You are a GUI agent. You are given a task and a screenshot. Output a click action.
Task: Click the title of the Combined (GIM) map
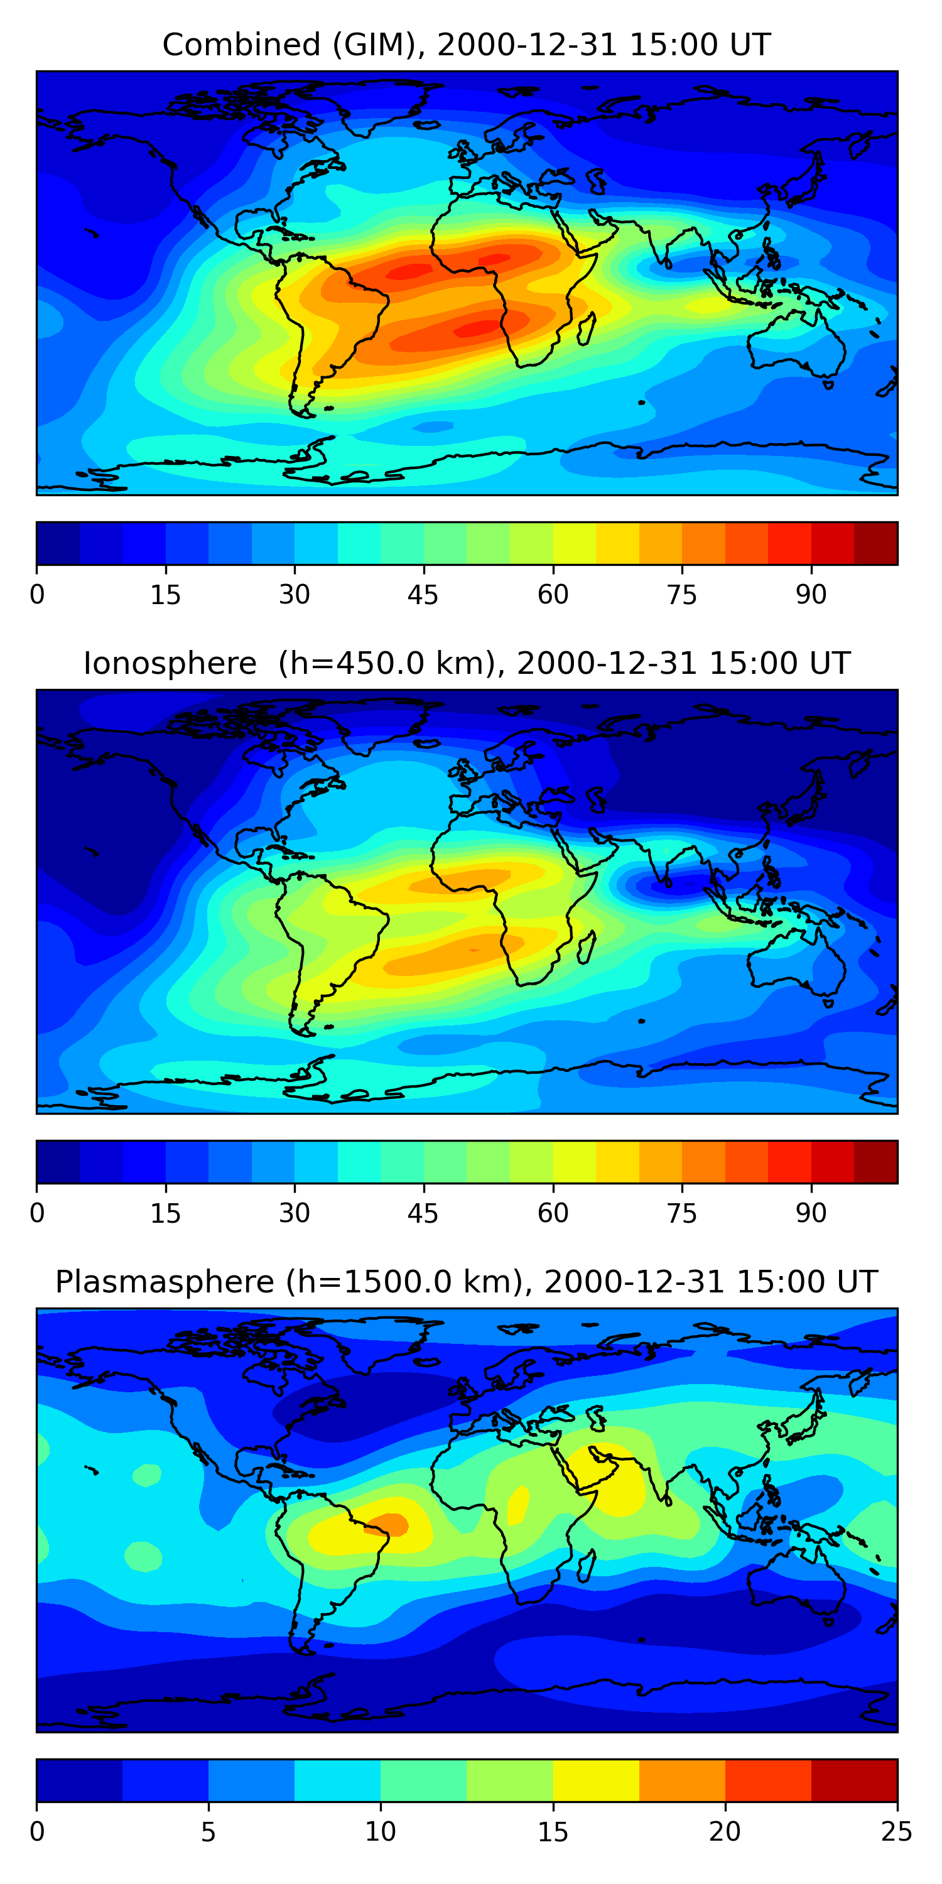[466, 45]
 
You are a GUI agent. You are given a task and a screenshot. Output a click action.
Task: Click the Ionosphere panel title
[466, 663]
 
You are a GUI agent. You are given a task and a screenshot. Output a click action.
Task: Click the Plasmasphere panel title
[466, 1282]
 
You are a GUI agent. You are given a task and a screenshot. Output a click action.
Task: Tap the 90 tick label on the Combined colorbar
[811, 595]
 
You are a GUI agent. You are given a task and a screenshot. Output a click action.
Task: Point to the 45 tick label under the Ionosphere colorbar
[423, 1213]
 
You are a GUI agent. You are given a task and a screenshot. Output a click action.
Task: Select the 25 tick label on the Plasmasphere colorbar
[897, 1832]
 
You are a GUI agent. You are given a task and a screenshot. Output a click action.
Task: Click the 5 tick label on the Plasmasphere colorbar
[208, 1832]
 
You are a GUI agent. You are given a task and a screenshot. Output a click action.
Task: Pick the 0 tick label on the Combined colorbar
[37, 595]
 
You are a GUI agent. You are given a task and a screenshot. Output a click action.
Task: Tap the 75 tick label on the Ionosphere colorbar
[681, 1213]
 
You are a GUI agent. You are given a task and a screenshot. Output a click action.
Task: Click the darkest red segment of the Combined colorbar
[875, 543]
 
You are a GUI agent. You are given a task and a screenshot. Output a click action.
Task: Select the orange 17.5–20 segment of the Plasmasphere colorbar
[681, 1780]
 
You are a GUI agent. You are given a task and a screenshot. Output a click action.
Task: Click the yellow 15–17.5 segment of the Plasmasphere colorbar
[596, 1780]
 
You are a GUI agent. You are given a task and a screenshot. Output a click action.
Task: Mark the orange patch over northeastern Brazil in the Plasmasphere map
[387, 1524]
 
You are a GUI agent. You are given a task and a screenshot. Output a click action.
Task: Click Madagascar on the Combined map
[587, 328]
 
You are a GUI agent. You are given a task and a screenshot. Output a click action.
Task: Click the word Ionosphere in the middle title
[170, 663]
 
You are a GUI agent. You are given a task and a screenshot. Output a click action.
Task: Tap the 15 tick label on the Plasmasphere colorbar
[553, 1832]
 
